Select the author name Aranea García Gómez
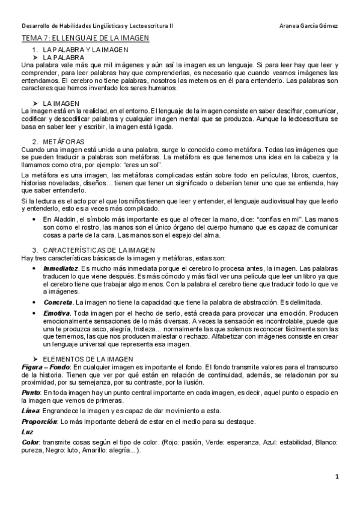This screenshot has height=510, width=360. [x=309, y=26]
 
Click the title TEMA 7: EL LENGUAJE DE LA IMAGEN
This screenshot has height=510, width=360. [x=85, y=38]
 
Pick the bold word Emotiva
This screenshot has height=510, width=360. [x=56, y=313]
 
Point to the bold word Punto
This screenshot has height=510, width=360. [x=30, y=392]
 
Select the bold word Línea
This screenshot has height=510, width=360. [x=29, y=410]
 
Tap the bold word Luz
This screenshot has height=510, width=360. [x=26, y=432]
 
